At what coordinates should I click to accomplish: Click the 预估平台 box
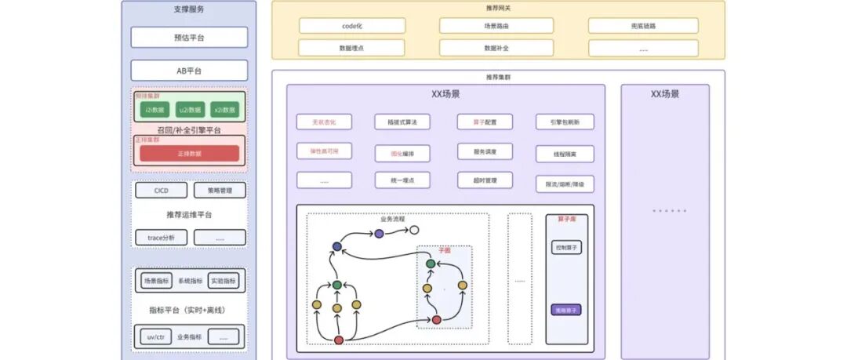point(189,38)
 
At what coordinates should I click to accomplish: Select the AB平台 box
point(189,71)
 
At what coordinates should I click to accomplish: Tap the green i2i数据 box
point(155,110)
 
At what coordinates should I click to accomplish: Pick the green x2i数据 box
point(224,110)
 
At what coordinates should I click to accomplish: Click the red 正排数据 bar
point(189,154)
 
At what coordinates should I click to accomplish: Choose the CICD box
point(161,190)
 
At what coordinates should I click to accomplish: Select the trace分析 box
point(161,237)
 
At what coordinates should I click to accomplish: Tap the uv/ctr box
point(155,337)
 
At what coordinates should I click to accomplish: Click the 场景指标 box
point(155,281)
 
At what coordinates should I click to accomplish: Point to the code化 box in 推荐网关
point(352,26)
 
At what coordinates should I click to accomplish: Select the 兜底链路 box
point(643,26)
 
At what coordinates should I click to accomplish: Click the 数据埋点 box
point(352,48)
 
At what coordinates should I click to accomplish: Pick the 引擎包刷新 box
point(565,122)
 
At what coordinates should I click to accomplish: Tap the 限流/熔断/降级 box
point(565,184)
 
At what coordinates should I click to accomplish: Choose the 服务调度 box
point(485,151)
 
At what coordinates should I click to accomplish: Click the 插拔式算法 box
point(402,122)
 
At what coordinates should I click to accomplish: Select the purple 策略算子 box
point(566,310)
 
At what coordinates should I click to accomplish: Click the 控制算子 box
point(566,248)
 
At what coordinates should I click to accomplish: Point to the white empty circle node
point(414,231)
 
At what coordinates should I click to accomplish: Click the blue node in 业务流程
point(337,246)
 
